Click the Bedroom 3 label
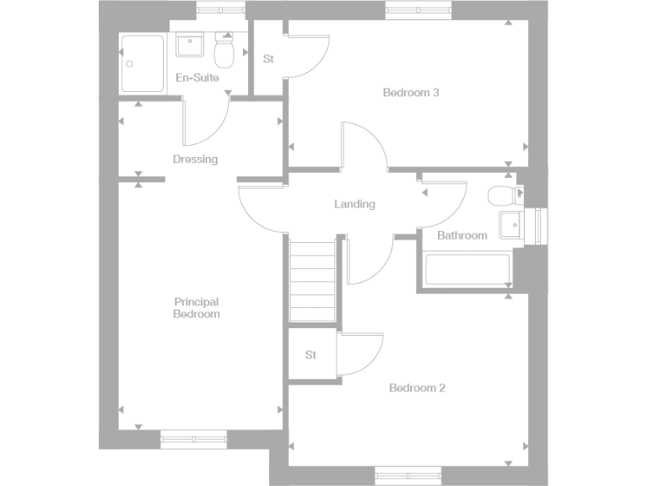pyautogui.click(x=411, y=93)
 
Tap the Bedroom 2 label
pyautogui.click(x=417, y=388)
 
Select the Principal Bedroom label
pyautogui.click(x=197, y=308)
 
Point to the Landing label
pyautogui.click(x=354, y=204)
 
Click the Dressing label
pyautogui.click(x=195, y=159)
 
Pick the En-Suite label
pyautogui.click(x=197, y=78)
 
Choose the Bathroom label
pyautogui.click(x=462, y=235)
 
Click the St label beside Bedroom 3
pyautogui.click(x=268, y=59)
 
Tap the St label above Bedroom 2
pyautogui.click(x=310, y=355)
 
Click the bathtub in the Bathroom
pyautogui.click(x=467, y=270)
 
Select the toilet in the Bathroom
pyautogui.click(x=501, y=196)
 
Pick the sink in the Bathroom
pyautogui.click(x=510, y=225)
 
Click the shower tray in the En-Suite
pyautogui.click(x=143, y=63)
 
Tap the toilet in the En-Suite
pyautogui.click(x=224, y=53)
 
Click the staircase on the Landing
pyautogui.click(x=312, y=280)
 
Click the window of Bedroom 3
pyautogui.click(x=419, y=11)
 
